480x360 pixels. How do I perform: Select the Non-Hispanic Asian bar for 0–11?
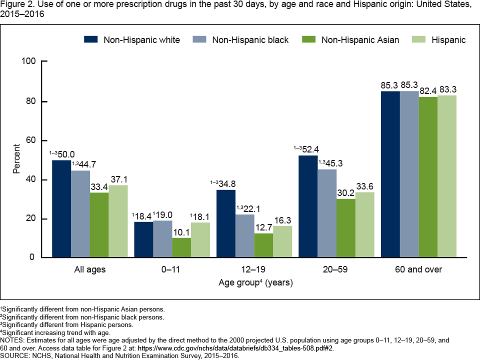click(181, 248)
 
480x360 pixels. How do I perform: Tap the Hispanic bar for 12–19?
click(282, 242)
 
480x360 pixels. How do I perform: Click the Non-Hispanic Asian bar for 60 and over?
click(428, 177)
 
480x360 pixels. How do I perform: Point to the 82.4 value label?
click(428, 91)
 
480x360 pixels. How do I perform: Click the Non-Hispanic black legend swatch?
click(198, 39)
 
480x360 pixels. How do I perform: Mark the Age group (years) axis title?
click(255, 283)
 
